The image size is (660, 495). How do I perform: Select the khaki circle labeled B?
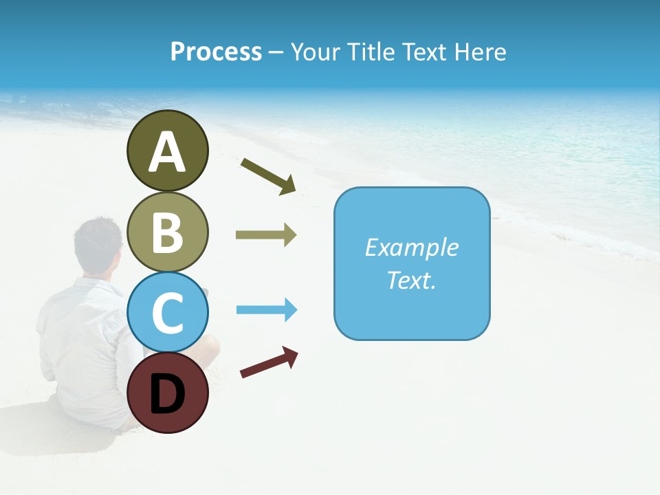(167, 232)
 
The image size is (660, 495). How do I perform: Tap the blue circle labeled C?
(167, 312)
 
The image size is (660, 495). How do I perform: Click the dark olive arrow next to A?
(268, 175)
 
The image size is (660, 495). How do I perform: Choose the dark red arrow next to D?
(269, 363)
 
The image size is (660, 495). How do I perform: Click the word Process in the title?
(216, 52)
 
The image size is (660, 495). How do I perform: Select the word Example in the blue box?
(411, 247)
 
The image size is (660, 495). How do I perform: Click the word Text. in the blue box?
(411, 280)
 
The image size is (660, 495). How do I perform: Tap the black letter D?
(167, 395)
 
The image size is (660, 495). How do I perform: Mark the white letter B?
(167, 232)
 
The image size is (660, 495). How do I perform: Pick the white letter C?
(167, 313)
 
